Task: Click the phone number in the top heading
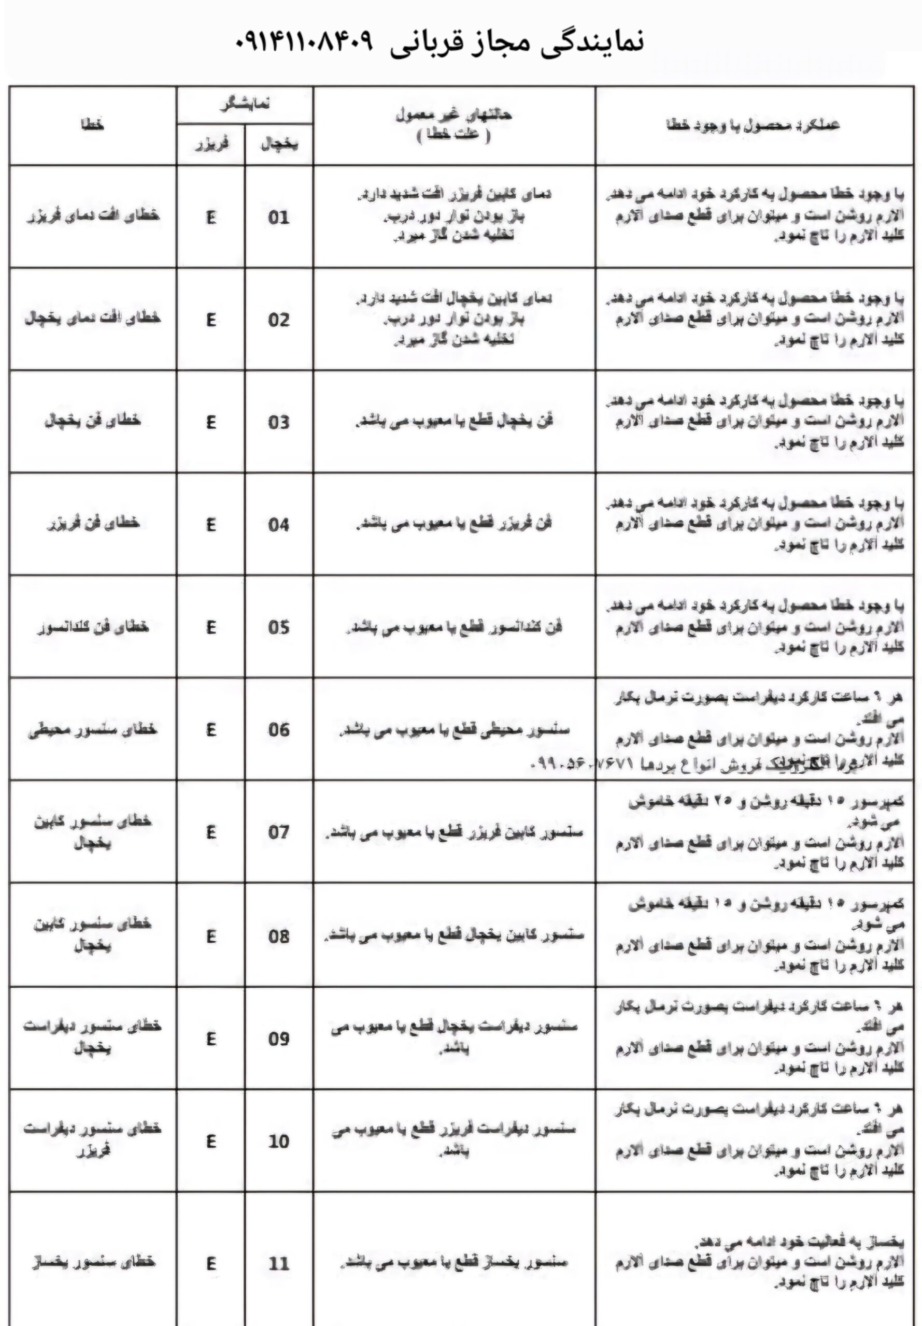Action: (x=304, y=41)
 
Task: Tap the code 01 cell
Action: (x=278, y=218)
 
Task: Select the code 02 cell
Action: (x=278, y=320)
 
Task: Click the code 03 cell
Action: (x=278, y=422)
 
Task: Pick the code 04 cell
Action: (x=278, y=525)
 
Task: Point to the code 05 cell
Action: (x=278, y=627)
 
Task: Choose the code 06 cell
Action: (x=278, y=730)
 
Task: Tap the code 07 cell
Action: (x=278, y=832)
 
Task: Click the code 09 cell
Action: (x=278, y=1039)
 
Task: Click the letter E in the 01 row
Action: (x=211, y=218)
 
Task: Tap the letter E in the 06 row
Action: (x=211, y=730)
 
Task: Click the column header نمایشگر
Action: (x=245, y=105)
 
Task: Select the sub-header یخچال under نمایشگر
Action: (x=279, y=145)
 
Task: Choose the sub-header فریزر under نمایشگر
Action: (x=211, y=145)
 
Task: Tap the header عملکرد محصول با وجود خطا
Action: (x=754, y=125)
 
